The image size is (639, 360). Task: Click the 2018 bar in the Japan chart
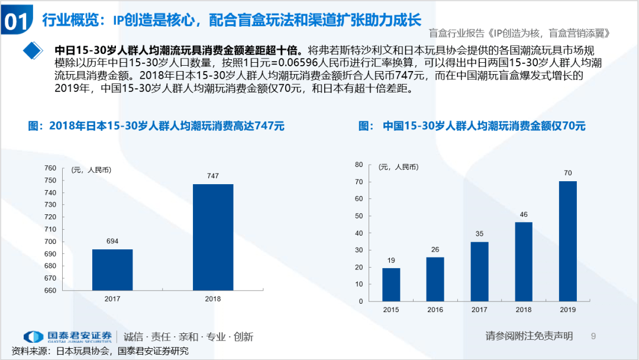213,237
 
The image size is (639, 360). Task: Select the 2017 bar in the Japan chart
112,269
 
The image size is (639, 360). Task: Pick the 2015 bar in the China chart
391,285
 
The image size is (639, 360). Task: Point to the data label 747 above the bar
213,176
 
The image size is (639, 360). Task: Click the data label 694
112,241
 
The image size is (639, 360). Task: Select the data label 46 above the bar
524,214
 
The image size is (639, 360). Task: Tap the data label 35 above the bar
479,233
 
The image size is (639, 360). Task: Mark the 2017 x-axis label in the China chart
479,310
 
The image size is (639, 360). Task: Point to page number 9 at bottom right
593,336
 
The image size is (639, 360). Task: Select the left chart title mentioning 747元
157,126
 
